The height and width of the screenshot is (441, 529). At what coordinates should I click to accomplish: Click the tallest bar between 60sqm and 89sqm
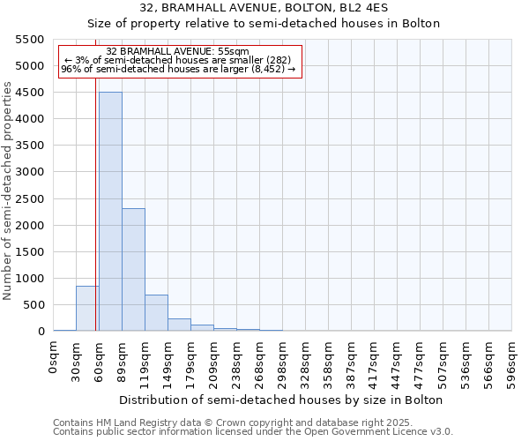[110, 212]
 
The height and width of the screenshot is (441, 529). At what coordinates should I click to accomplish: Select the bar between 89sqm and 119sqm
[133, 269]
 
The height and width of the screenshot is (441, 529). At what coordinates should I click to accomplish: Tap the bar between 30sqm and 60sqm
[87, 309]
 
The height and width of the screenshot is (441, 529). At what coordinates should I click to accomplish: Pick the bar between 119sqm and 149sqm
[156, 313]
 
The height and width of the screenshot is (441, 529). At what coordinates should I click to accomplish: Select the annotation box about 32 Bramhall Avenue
[180, 60]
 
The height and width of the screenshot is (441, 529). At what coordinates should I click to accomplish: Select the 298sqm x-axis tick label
[283, 359]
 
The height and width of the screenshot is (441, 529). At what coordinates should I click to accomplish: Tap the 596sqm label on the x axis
[512, 359]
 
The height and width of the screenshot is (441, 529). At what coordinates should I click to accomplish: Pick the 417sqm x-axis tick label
[375, 359]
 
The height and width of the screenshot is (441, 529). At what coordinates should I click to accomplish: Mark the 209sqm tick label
[214, 359]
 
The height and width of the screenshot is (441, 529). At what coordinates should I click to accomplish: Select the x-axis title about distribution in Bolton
[282, 400]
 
